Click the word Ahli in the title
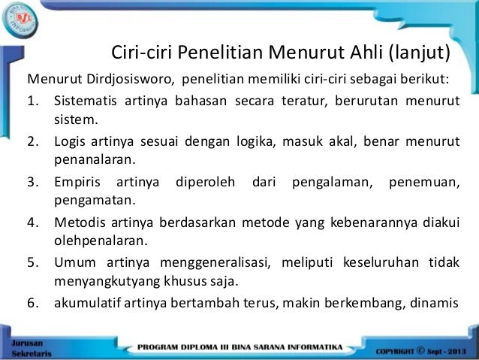click(x=363, y=53)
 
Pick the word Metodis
click(x=80, y=223)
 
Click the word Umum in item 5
click(x=74, y=264)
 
